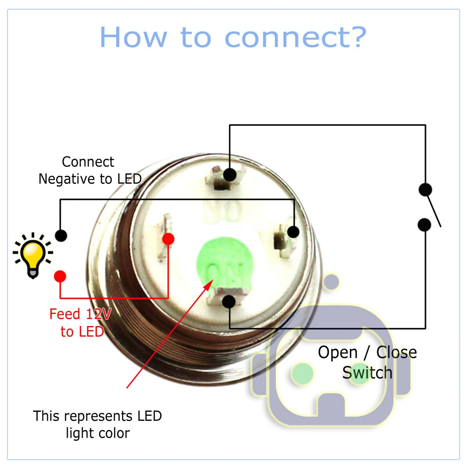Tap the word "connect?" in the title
click(295, 37)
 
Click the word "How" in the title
click(133, 37)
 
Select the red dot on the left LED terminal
click(168, 239)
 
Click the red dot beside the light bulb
click(60, 276)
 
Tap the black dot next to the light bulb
click(61, 235)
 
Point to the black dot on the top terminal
click(230, 175)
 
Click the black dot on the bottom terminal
click(229, 301)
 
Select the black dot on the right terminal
click(293, 232)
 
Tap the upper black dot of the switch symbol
click(425, 189)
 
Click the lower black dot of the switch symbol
click(424, 225)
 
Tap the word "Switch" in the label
click(367, 373)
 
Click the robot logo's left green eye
click(303, 373)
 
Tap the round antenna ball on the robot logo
click(331, 281)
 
